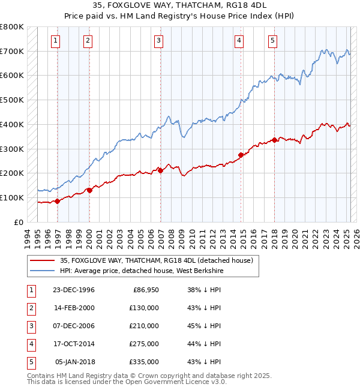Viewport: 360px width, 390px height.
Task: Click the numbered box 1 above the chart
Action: (55, 41)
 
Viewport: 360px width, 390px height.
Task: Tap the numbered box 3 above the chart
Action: (158, 41)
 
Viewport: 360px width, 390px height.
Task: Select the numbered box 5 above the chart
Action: (272, 41)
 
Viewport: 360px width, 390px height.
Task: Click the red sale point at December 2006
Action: (161, 170)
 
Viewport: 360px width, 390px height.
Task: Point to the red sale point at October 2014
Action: (241, 155)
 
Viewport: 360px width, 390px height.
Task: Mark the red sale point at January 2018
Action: (274, 140)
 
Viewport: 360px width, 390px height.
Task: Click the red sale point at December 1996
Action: (58, 201)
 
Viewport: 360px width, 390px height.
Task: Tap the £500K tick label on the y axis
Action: (12, 100)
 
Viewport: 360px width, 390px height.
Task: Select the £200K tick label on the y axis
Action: (12, 173)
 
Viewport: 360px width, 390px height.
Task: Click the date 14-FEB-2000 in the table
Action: (74, 308)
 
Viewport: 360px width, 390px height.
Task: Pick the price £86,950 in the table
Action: (144, 290)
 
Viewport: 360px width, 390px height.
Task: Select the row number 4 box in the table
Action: (31, 344)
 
